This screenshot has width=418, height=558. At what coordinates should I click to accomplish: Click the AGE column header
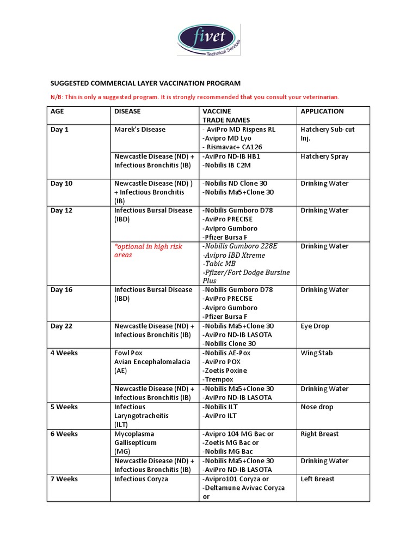[x=57, y=111]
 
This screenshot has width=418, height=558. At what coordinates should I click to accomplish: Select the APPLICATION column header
[x=322, y=111]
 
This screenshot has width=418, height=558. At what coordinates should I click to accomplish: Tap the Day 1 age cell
[x=60, y=130]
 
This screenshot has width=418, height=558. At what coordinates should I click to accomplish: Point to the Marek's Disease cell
[x=140, y=130]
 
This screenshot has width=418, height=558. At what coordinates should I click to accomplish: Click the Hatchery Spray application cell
[x=324, y=156]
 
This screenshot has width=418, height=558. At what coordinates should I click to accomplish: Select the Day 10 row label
[x=62, y=184]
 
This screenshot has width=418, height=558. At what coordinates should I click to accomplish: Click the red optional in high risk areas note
[x=148, y=251]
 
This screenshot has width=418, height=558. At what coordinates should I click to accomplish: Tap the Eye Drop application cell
[x=315, y=326]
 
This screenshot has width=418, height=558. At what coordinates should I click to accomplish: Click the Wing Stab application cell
[x=316, y=353]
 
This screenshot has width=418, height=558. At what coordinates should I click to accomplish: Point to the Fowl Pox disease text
[x=128, y=353]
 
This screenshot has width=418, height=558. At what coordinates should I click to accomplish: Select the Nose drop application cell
[x=317, y=407]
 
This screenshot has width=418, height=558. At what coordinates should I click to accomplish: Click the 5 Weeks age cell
[x=64, y=407]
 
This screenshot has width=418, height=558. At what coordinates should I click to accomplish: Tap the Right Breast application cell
[x=319, y=434]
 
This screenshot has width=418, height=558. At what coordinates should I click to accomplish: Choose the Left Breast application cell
[x=317, y=479]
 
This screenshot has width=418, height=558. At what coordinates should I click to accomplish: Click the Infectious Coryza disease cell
[x=141, y=479]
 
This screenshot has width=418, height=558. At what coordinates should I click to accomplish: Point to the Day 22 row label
[x=62, y=326]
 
